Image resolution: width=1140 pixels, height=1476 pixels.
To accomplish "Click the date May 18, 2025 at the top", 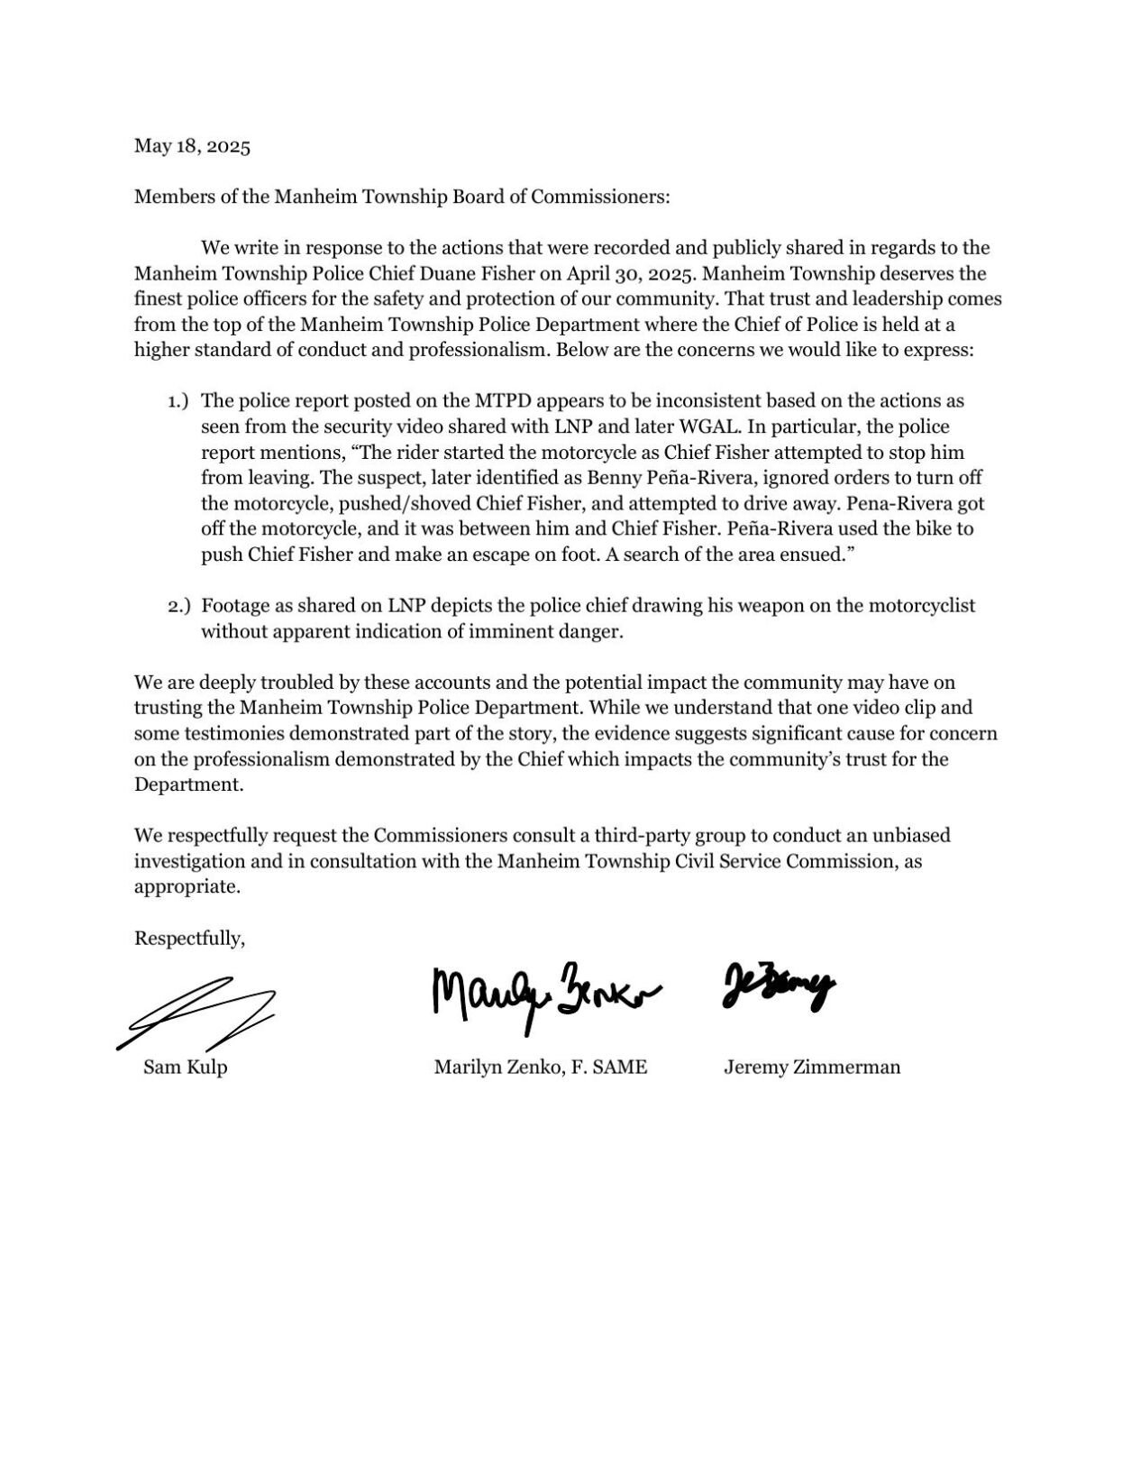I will coord(192,146).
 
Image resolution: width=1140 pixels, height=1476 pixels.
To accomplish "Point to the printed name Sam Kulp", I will coord(185,1068).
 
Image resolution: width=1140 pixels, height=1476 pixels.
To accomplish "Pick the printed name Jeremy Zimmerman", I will coord(811,1068).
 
